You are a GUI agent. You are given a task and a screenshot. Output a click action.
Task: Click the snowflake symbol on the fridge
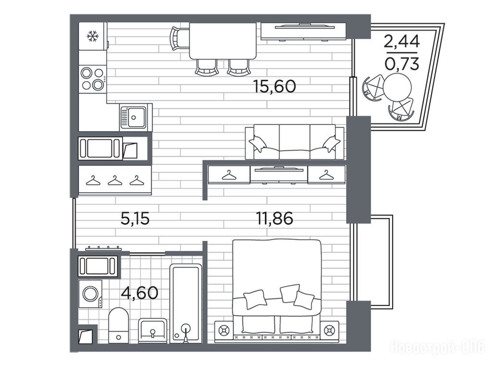[x=93, y=36]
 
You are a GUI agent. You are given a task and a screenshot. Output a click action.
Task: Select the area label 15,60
[x=274, y=86]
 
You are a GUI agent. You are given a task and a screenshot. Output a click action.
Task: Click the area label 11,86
[x=274, y=218]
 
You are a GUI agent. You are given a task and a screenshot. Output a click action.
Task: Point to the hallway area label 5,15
[x=135, y=218]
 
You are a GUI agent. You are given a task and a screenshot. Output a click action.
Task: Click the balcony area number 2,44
[x=402, y=41]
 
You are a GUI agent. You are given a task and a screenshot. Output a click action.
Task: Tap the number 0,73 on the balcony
[x=402, y=64]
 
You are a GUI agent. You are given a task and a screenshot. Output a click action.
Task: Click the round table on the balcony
[x=397, y=87]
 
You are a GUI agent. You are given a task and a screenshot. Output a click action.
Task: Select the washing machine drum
[x=90, y=294]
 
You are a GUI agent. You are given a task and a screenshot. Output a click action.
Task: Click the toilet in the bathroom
[x=118, y=325]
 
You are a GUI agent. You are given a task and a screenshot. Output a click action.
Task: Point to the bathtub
[x=186, y=304]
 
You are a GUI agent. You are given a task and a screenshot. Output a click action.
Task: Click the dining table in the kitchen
[x=223, y=41]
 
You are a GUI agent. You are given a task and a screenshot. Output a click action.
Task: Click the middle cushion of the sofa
[x=295, y=142]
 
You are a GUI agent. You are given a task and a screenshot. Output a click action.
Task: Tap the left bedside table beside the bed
[x=224, y=331]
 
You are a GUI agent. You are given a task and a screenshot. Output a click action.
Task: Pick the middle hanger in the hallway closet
[x=114, y=181]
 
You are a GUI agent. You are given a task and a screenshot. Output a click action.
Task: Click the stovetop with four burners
[x=93, y=79]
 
